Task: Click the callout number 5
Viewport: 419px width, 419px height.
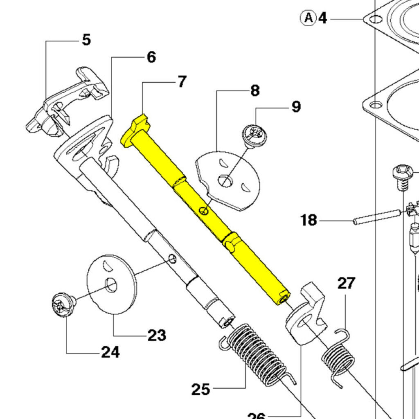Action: tap(86, 40)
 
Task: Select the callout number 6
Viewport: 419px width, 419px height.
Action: tap(151, 57)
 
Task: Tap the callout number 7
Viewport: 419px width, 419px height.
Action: tap(181, 82)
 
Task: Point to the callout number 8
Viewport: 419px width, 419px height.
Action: tap(255, 90)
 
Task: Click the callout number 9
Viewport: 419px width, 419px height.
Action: tap(296, 107)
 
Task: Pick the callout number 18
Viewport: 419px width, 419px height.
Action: tap(309, 220)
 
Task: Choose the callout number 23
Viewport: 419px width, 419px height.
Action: tap(157, 335)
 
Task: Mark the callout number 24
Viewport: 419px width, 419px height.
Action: tap(110, 352)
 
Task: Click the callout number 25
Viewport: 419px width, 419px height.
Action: tap(200, 389)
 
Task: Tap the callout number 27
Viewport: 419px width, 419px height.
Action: tap(346, 283)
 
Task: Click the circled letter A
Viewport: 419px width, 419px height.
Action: tap(309, 18)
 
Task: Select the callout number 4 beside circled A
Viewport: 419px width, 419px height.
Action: tap(323, 18)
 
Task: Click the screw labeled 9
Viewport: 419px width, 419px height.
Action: tap(254, 135)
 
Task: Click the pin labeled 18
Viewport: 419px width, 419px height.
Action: tap(376, 216)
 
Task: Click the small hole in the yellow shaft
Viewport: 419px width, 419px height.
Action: tap(203, 211)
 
